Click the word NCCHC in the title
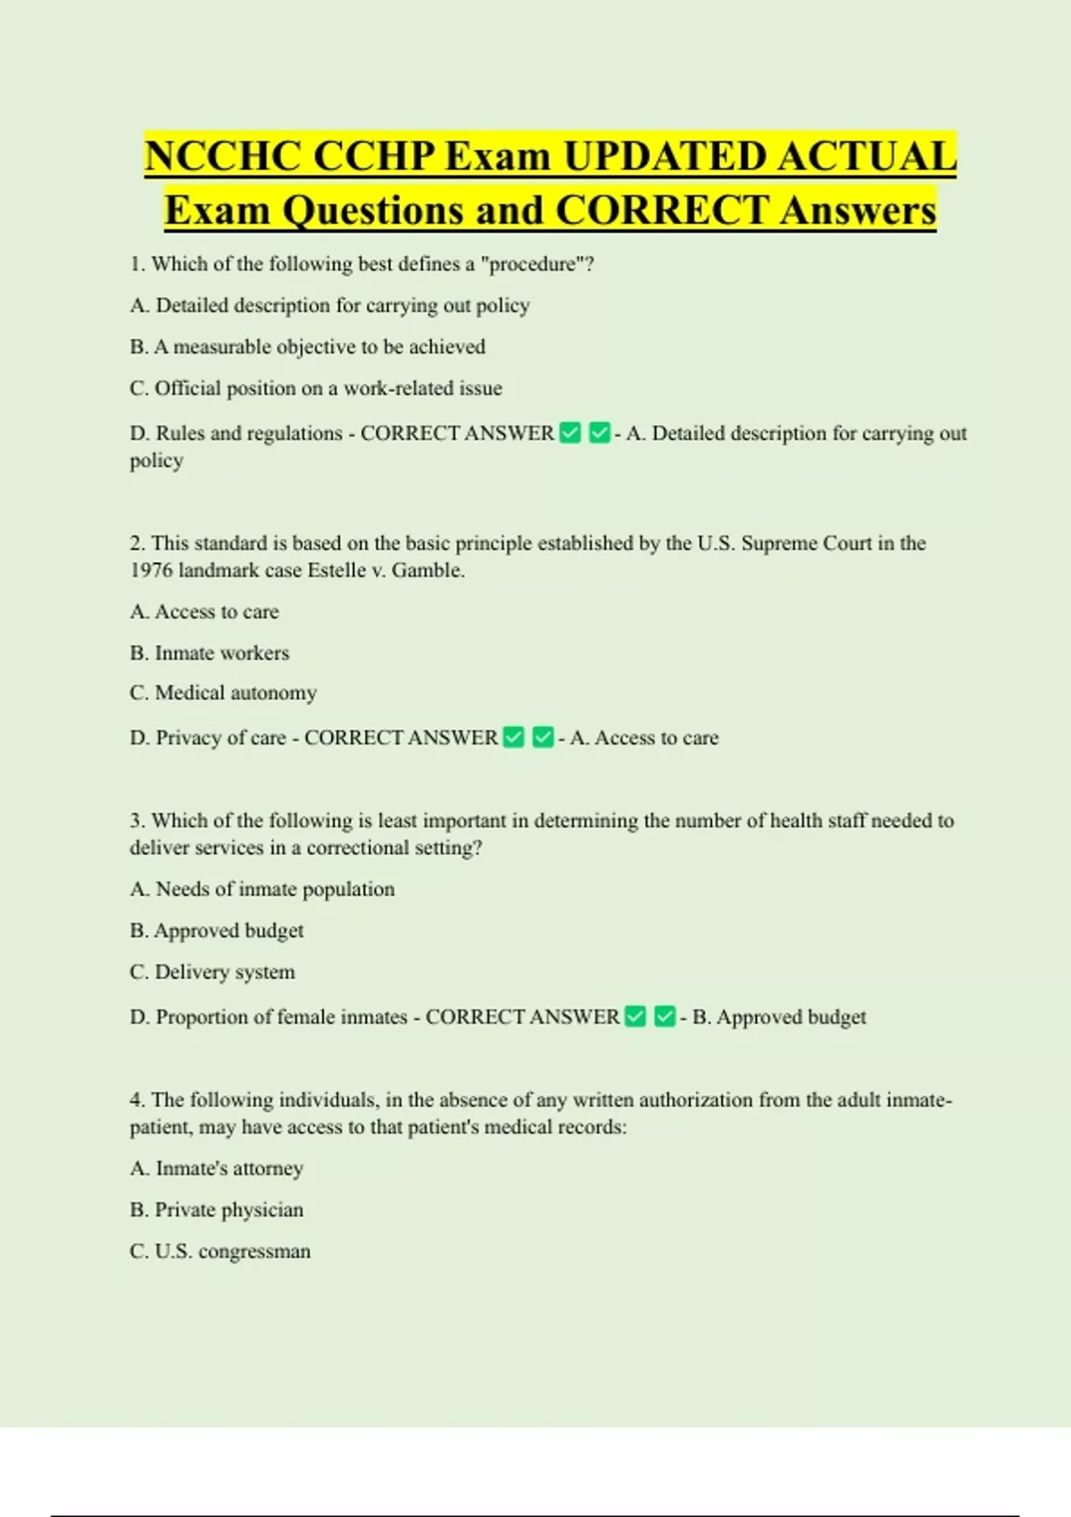(223, 157)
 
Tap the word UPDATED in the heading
(664, 157)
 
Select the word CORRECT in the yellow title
(660, 211)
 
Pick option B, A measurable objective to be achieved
(307, 346)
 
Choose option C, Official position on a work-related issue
(315, 388)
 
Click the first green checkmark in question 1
(570, 434)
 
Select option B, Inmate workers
(209, 653)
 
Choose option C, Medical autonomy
(223, 693)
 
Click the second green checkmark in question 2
(543, 738)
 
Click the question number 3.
(137, 821)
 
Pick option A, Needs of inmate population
(262, 890)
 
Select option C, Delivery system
(212, 972)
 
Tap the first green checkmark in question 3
(635, 1017)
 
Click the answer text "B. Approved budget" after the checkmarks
(779, 1017)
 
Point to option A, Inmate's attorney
(216, 1168)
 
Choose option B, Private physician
(216, 1210)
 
